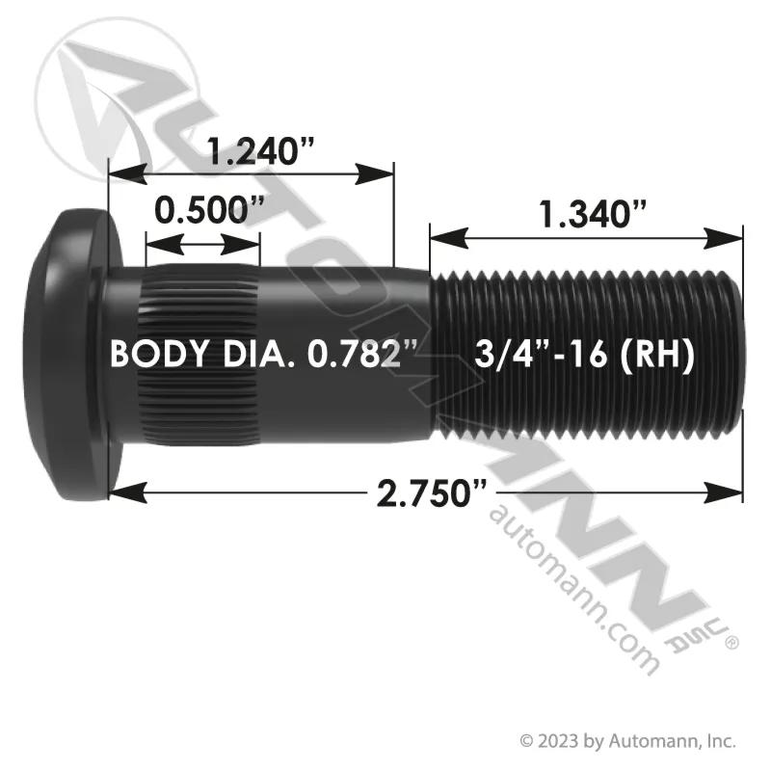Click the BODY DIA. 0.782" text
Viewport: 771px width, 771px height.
[263, 354]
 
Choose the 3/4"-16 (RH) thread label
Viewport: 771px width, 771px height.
[585, 355]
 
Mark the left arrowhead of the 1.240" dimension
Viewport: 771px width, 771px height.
[127, 174]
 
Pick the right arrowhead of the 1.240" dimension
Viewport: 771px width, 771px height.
[374, 174]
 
